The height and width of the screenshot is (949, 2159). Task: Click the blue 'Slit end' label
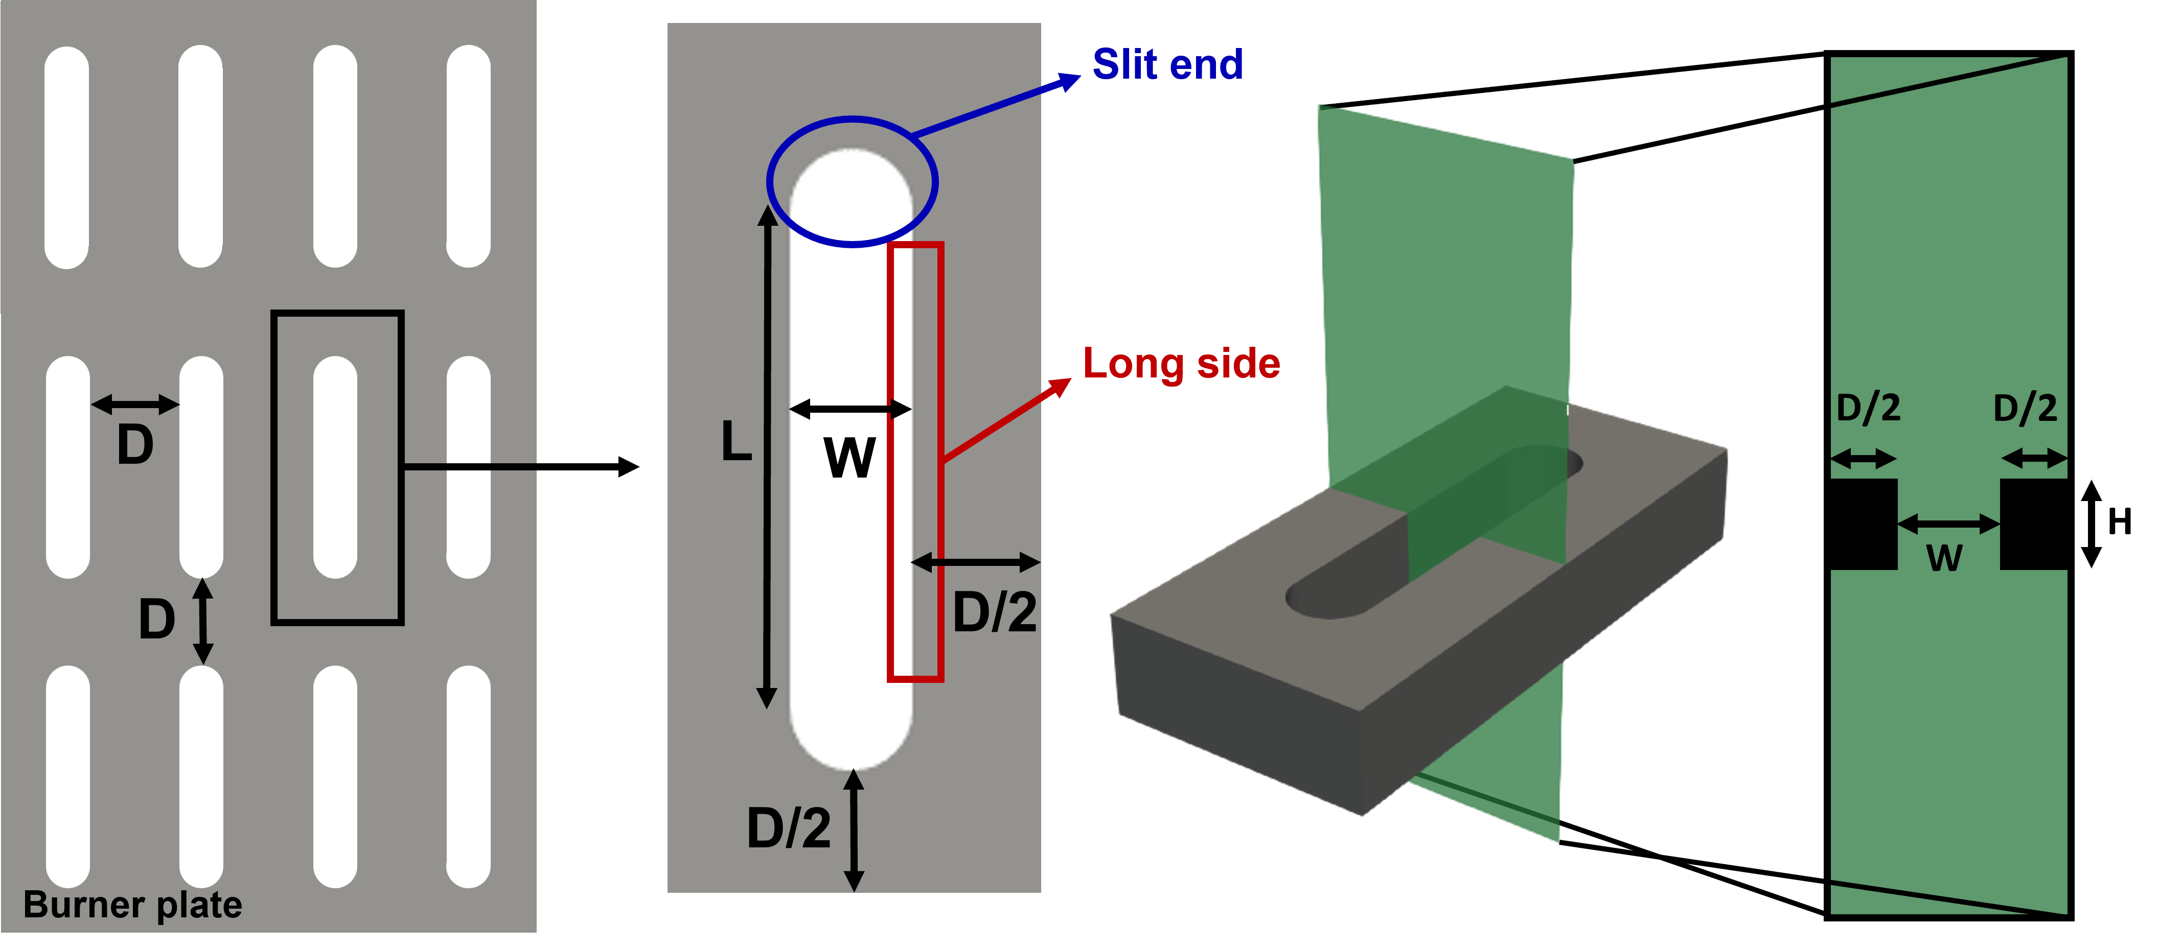1167,64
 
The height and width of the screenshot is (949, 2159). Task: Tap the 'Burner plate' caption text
132,905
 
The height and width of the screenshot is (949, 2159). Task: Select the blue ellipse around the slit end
853,120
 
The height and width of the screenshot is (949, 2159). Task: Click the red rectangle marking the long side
942,461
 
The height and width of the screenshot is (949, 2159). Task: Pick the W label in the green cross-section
1944,557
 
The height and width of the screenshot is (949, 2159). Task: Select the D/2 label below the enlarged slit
789,828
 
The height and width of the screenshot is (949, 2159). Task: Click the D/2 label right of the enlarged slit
995,612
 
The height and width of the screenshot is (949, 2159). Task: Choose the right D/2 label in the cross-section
2025,409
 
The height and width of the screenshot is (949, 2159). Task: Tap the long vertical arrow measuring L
767,457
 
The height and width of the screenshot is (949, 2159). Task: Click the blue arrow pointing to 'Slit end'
997,105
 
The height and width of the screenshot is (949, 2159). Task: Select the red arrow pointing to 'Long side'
1006,419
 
